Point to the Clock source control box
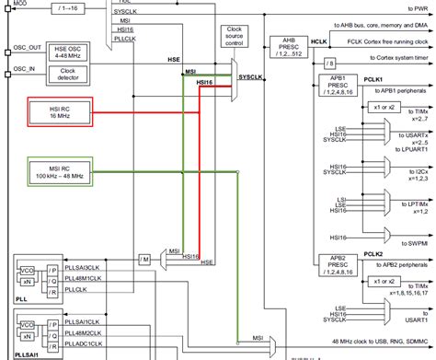234,38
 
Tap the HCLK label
318,42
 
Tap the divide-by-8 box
328,63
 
